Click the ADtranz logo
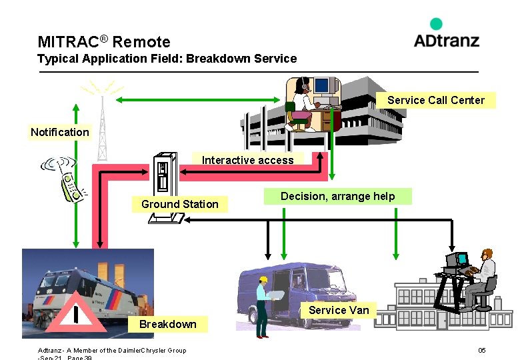point(446,34)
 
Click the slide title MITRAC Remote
point(104,42)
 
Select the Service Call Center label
point(435,100)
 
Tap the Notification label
point(59,132)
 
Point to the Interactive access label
point(247,160)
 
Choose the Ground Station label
point(179,204)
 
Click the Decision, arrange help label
point(337,196)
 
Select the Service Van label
point(338,310)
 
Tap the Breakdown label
point(167,324)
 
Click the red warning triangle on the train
point(79,314)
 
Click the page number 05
point(481,351)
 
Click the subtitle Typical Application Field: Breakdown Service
point(167,59)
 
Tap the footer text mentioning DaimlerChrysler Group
point(112,351)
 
